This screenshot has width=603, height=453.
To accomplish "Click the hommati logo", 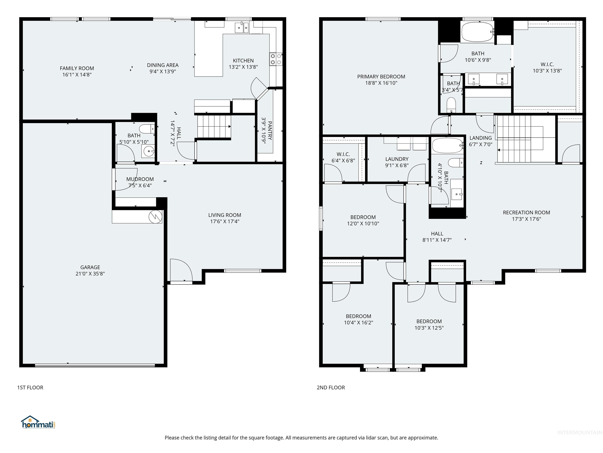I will point(38,422).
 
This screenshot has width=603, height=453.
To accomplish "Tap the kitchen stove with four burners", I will point(276,59).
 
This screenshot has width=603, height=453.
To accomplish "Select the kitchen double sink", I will point(242,28).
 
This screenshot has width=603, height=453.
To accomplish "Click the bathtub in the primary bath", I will point(477,32).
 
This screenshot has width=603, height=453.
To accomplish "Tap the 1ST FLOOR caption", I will point(30,388).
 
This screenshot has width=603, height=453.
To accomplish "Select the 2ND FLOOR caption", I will point(331,388).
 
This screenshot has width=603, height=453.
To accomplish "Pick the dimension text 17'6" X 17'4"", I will point(225,221).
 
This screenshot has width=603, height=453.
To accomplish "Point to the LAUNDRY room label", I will point(397,159).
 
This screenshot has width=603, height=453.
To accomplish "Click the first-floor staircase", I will point(214,126).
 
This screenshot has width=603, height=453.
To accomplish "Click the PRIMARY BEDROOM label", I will point(381,77).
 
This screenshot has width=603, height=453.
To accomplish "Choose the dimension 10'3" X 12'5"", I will point(429,328).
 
